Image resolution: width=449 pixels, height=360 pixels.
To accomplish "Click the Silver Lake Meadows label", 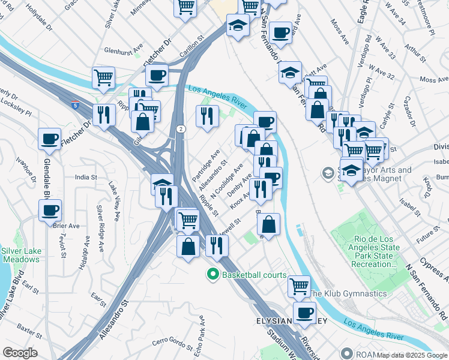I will pos(20,255).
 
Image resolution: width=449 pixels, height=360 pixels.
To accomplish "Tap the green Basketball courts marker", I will pos(212,275).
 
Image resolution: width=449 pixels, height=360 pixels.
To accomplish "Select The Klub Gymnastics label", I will pos(348,293).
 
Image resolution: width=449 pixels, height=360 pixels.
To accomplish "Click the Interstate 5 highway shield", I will pos(74,106).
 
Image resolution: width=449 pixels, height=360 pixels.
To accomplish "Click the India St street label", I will pos(86,177).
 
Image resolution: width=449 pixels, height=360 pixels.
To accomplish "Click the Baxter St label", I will pos(29,329).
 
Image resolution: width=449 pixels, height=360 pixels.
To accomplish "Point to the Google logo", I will pos(20,353).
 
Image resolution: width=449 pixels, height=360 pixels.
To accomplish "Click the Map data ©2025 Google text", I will pos(411,355).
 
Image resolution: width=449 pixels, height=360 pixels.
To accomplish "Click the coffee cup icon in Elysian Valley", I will pos(305,313).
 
